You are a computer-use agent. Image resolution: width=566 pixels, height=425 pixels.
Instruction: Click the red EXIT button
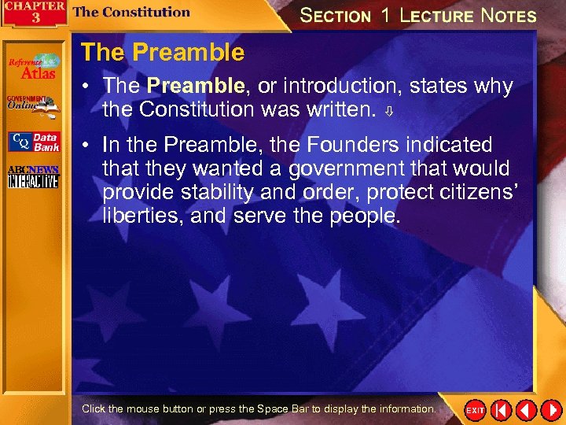point(475,410)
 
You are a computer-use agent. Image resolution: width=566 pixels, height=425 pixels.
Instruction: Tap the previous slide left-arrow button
point(526,410)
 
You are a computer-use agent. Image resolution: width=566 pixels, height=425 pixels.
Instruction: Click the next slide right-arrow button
point(549,410)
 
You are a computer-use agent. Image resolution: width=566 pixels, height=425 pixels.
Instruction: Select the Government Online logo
point(33,105)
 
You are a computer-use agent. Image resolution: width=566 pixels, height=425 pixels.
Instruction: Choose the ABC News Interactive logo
point(33,177)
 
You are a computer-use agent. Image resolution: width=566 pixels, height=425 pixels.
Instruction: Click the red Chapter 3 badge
point(31,13)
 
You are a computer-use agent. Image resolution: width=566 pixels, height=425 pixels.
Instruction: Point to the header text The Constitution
point(131,12)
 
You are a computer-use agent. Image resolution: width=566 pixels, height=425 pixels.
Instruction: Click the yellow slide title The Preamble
point(163,53)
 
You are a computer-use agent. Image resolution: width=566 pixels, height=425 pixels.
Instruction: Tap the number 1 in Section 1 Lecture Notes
point(385,15)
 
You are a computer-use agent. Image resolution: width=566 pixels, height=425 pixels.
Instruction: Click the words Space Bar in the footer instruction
point(281,409)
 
